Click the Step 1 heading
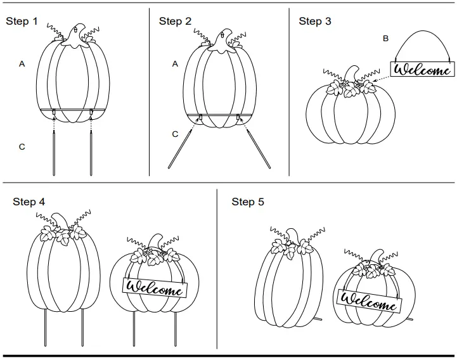tap(22, 22)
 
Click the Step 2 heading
tap(175, 22)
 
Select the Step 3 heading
tap(315, 22)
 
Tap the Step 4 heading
tap(29, 202)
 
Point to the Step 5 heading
tap(248, 202)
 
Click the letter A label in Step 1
tap(22, 64)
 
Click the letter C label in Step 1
tap(22, 147)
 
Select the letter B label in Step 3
tap(385, 39)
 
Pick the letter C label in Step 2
tap(176, 134)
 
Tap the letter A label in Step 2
tap(176, 64)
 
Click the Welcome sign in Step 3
tap(422, 69)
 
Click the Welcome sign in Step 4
tap(155, 286)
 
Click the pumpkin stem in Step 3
tap(350, 75)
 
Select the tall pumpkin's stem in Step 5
tap(293, 234)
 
